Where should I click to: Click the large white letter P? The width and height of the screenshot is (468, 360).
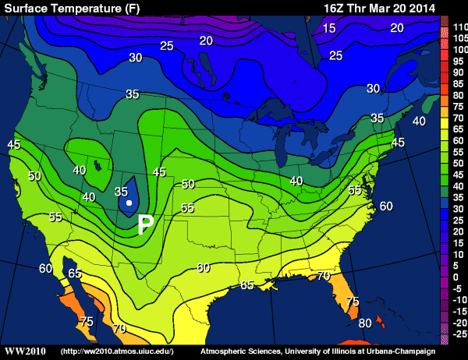pos(145,225)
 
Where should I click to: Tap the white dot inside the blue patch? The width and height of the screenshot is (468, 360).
pos(129,203)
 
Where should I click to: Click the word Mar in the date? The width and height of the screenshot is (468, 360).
pos(385,8)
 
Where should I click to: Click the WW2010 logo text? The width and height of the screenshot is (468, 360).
pos(25,352)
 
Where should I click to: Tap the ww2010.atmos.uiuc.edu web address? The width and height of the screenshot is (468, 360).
pos(116,352)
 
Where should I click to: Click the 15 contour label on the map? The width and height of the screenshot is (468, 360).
pos(329,28)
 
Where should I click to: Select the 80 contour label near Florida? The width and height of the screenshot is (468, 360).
pos(363,323)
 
